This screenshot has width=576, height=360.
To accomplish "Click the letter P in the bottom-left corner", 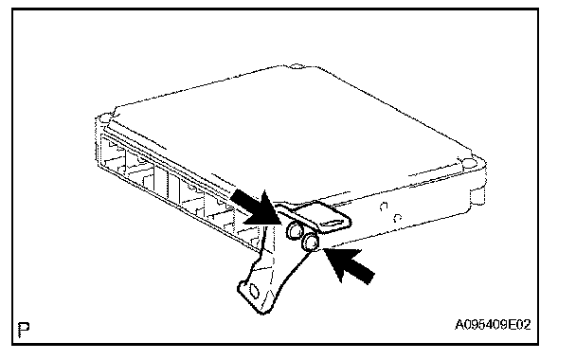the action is [x=24, y=330].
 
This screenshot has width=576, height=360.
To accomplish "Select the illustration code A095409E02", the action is [x=493, y=325].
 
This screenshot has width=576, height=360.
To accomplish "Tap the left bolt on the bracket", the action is [x=295, y=231].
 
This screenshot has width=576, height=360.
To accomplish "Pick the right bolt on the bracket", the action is [x=310, y=242].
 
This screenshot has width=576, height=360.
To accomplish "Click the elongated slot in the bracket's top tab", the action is [x=333, y=223].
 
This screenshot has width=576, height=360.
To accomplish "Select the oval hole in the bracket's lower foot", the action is [x=254, y=291].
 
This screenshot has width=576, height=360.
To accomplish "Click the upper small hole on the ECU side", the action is [x=384, y=207].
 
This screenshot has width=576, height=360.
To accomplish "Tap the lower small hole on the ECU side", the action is [x=397, y=218].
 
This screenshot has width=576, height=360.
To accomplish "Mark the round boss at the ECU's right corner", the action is [x=470, y=163].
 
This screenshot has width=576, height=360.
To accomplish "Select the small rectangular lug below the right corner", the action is [x=477, y=196].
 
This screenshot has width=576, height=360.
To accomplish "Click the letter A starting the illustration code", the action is [x=459, y=325].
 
